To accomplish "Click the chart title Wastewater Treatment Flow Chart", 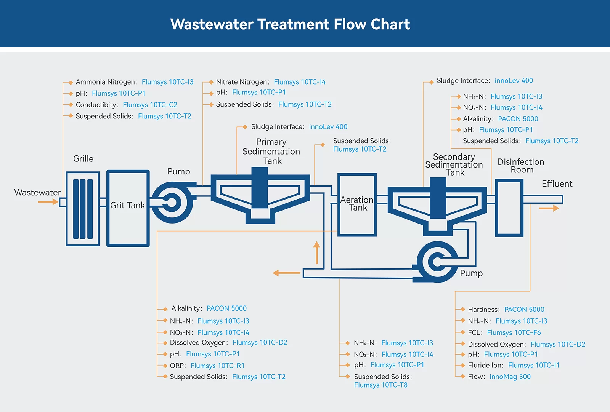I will pyautogui.click(x=290, y=24).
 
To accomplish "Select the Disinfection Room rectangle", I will pyautogui.click(x=509, y=208).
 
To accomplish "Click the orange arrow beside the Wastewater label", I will pyautogui.click(x=48, y=202).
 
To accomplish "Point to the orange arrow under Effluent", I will pyautogui.click(x=549, y=208).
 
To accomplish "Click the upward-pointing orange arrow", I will pyautogui.click(x=316, y=253).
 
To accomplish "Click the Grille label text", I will pyautogui.click(x=83, y=159).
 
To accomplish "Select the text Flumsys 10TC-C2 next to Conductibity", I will pyautogui.click(x=150, y=105).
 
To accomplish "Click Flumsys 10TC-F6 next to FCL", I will pyautogui.click(x=514, y=332).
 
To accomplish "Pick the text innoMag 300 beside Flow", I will pyautogui.click(x=510, y=377).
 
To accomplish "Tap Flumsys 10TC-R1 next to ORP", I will pyautogui.click(x=217, y=366).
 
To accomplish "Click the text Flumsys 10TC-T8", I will pyautogui.click(x=380, y=385).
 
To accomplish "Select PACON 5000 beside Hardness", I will pyautogui.click(x=524, y=310).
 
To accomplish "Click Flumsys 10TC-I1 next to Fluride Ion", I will pyautogui.click(x=534, y=365).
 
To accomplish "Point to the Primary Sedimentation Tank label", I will pyautogui.click(x=271, y=151).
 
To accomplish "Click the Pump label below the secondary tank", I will pyautogui.click(x=471, y=273).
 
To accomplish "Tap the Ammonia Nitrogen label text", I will pyautogui.click(x=106, y=82).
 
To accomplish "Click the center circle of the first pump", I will pyautogui.click(x=172, y=202).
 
